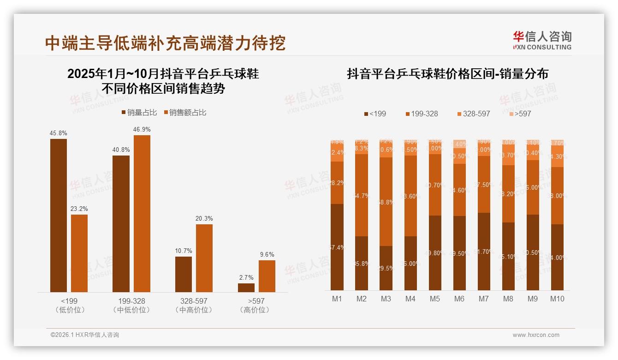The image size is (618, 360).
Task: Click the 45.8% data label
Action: point(59,133)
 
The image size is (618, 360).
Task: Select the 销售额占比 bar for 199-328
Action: point(142,213)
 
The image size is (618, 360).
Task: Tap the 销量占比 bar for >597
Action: point(246,288)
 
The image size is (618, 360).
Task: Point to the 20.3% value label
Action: point(204,219)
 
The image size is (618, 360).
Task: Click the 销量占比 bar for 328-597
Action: point(183,274)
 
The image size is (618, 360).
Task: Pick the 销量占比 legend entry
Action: point(140,113)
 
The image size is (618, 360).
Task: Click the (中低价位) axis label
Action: point(131,310)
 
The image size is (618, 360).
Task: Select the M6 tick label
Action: point(459,299)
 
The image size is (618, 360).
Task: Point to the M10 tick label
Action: point(557,299)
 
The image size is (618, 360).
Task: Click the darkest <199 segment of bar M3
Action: point(386,268)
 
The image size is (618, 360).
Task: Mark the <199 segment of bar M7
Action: point(484,252)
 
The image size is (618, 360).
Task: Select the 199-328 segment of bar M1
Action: point(337,183)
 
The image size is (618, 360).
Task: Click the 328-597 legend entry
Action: point(474,114)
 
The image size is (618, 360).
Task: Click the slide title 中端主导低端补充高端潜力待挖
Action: point(165,43)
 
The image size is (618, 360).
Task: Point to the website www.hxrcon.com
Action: point(536,335)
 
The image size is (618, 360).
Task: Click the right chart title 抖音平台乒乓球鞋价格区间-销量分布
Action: point(447,74)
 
